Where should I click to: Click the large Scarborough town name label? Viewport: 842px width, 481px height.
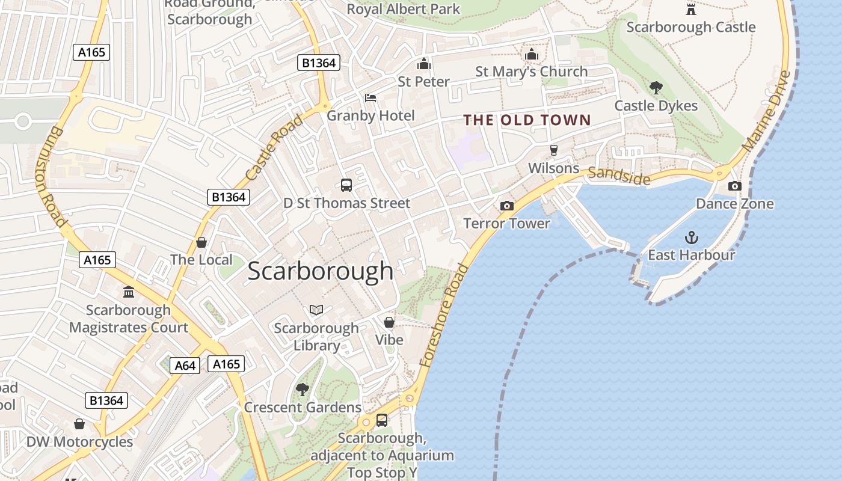pos(321,271)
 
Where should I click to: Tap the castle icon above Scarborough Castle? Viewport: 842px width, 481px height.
pos(691,9)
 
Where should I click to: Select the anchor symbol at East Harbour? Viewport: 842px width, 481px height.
pos(692,237)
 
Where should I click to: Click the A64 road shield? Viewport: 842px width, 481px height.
pos(185,365)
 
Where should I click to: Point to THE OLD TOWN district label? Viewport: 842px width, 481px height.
pos(527,120)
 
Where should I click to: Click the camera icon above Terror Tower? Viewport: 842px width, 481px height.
pos(507,206)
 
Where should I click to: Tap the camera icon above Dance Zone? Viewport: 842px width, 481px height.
pos(734,186)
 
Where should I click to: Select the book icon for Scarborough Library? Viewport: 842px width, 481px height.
pos(316,310)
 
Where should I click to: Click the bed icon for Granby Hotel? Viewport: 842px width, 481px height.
pos(370,98)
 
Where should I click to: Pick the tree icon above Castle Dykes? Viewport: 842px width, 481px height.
pos(656,88)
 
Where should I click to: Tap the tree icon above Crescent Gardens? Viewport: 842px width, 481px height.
pos(303,390)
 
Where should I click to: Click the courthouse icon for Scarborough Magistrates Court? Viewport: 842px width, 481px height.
pos(129,292)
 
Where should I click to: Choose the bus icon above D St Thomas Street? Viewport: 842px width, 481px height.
pos(346,185)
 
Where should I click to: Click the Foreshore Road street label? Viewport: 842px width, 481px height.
pos(444,315)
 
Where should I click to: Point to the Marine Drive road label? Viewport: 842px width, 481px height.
pos(766,112)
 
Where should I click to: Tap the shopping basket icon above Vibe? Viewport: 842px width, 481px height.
pos(389,322)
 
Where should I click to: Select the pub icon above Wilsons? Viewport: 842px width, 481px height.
pos(553,150)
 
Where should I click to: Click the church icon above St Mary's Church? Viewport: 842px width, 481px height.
pos(531,54)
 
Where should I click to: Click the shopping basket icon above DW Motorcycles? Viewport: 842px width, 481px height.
pos(79,424)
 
